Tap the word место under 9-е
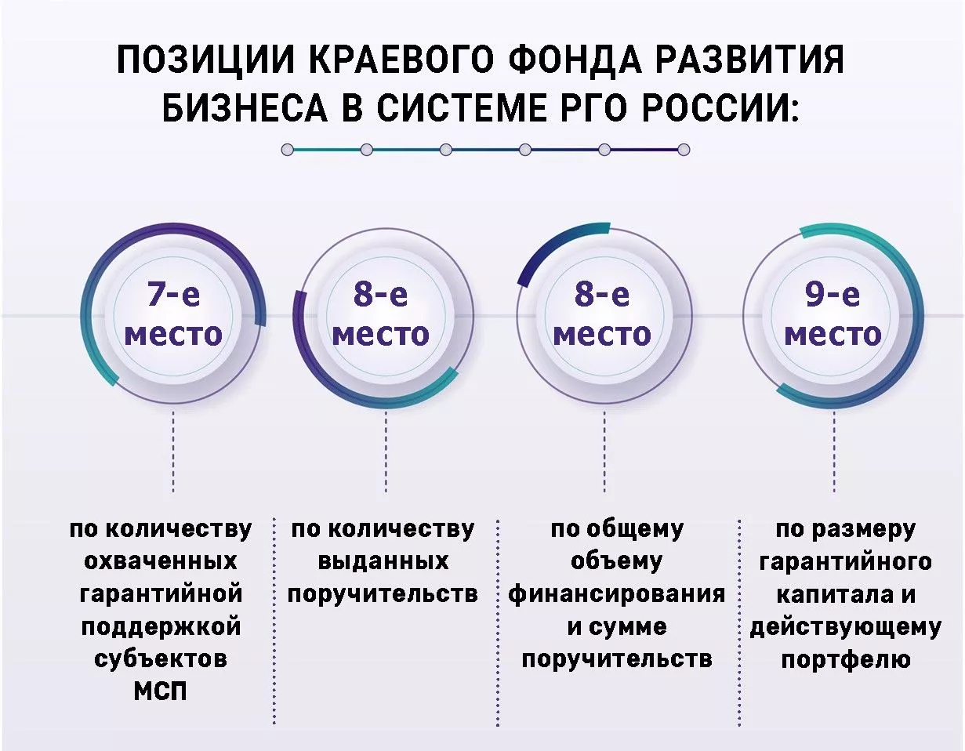tap(833, 335)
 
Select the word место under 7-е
tap(173, 335)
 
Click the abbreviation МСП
tap(160, 692)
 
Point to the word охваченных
tap(160, 561)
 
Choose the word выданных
tap(383, 561)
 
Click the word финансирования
tap(616, 593)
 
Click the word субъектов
tap(160, 659)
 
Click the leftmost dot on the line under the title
tap(288, 149)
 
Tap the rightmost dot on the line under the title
tap(684, 149)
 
